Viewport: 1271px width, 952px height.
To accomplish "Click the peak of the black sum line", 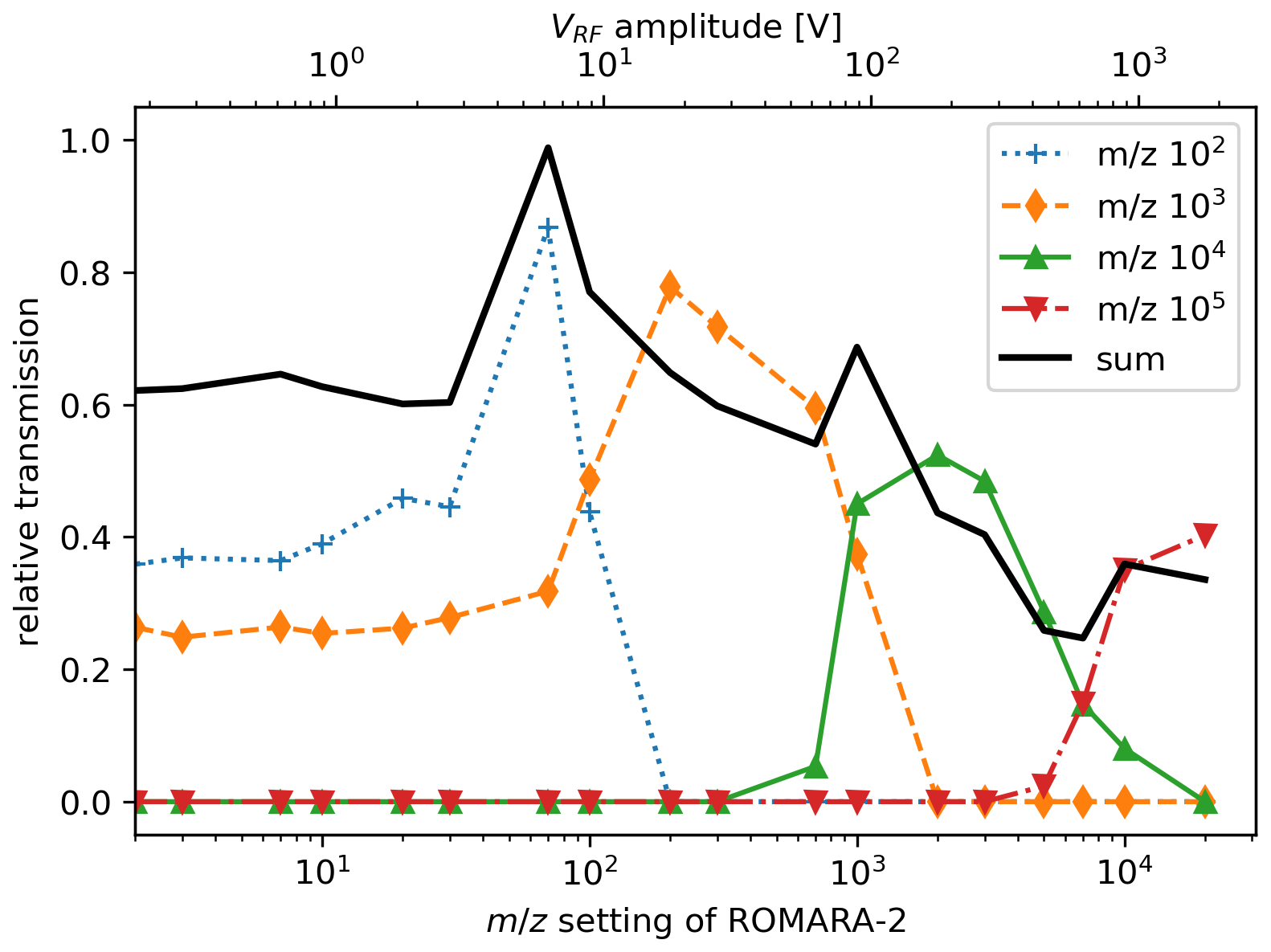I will tap(548, 148).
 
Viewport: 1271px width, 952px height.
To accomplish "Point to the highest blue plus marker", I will tap(548, 228).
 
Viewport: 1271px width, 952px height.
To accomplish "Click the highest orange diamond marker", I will tap(670, 286).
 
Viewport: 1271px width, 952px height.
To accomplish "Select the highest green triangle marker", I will tap(938, 456).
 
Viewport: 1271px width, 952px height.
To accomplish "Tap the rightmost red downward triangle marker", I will tap(1205, 534).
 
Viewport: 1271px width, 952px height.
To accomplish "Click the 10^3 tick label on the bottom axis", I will tap(857, 872).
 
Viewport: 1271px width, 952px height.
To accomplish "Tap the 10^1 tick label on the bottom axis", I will tap(322, 872).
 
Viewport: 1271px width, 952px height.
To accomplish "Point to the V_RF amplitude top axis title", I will tap(696, 27).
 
